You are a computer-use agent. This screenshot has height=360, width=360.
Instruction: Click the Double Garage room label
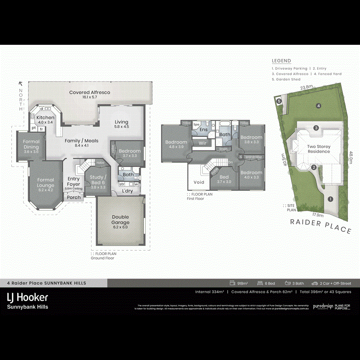tap(120, 220)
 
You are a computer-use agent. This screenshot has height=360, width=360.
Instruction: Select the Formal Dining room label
tap(31, 144)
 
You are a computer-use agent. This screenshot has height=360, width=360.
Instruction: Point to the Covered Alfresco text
tap(90, 92)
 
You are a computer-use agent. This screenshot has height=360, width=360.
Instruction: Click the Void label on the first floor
tap(199, 182)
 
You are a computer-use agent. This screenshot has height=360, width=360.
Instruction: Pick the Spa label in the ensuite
tap(196, 125)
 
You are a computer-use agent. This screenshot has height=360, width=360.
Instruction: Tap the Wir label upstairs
tap(202, 142)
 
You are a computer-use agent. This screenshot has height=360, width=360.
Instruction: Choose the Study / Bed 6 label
tap(98, 179)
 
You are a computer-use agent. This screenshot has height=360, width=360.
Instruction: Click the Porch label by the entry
tap(74, 197)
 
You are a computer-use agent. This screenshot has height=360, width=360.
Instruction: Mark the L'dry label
tap(128, 191)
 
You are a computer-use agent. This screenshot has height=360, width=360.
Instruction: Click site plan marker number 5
tap(279, 101)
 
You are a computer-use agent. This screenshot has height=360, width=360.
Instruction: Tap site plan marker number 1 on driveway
tap(330, 199)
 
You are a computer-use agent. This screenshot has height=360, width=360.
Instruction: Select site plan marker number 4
tap(318, 106)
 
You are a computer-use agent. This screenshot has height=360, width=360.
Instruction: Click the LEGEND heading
tap(282, 61)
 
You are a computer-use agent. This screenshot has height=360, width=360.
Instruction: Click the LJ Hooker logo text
tap(28, 297)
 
